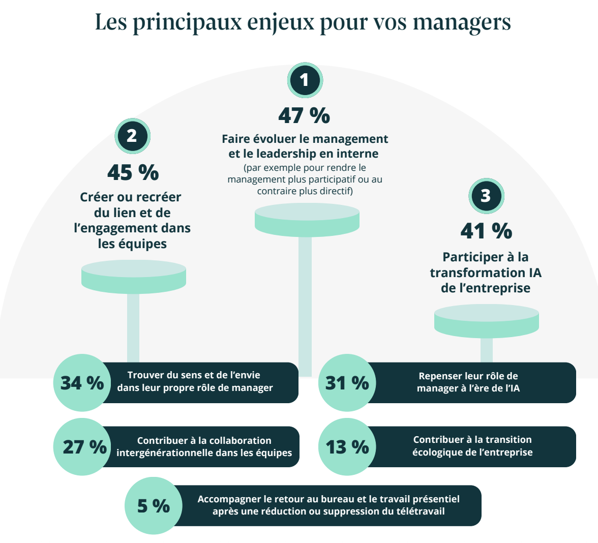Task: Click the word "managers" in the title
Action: (x=462, y=22)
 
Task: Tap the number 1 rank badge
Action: (x=305, y=80)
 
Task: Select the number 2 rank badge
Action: (x=132, y=136)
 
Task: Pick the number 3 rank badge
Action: (x=486, y=195)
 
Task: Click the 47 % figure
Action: (x=304, y=115)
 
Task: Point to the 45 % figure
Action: (x=133, y=173)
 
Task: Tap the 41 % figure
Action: (x=486, y=231)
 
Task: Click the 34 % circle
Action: (x=81, y=382)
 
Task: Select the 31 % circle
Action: (x=347, y=382)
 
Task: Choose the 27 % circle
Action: (x=82, y=447)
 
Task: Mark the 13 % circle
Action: (x=347, y=447)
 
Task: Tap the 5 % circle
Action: (x=153, y=506)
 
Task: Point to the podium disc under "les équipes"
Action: (x=134, y=277)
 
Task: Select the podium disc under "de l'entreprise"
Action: (x=486, y=321)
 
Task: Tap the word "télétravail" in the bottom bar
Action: (x=420, y=511)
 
